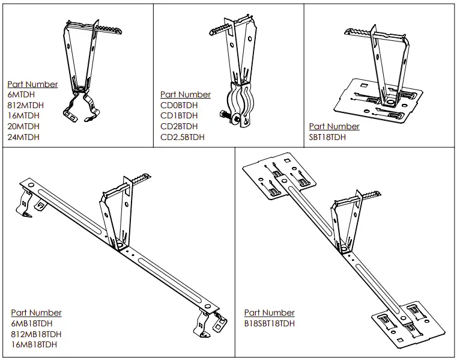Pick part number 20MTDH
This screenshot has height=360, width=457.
pyautogui.click(x=23, y=127)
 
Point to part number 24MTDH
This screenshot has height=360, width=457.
pyautogui.click(x=23, y=137)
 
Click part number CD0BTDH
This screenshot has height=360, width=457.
pyautogui.click(x=178, y=106)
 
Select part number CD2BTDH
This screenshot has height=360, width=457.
pyautogui.click(x=178, y=127)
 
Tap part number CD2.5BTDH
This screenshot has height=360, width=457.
pyautogui.click(x=182, y=137)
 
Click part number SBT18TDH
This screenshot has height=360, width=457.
pyautogui.click(x=327, y=137)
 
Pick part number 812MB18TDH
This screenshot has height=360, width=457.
pyautogui.click(x=36, y=334)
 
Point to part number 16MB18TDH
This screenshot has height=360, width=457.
pyautogui.click(x=34, y=344)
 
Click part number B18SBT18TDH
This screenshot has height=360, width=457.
pyautogui.click(x=270, y=323)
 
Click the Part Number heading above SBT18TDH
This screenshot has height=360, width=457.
pyautogui.click(x=334, y=126)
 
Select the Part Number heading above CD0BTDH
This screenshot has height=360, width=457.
pyautogui.click(x=186, y=94)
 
